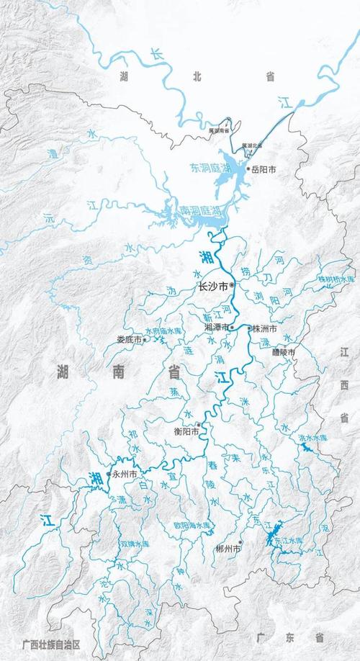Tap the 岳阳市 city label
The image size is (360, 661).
pyautogui.click(x=264, y=169)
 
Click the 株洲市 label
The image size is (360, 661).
pyautogui.click(x=264, y=328)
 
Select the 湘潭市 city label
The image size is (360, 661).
pyautogui.click(x=216, y=327)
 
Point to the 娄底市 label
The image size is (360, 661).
pyautogui.click(x=130, y=340)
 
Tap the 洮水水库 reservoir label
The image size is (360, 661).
pyautogui.click(x=312, y=437)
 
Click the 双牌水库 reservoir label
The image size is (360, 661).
pyautogui.click(x=136, y=544)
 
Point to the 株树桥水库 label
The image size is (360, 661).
pyautogui.click(x=337, y=279)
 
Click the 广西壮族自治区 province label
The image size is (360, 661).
pyautogui.click(x=50, y=645)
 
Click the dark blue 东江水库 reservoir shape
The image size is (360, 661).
pyautogui.click(x=272, y=537)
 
